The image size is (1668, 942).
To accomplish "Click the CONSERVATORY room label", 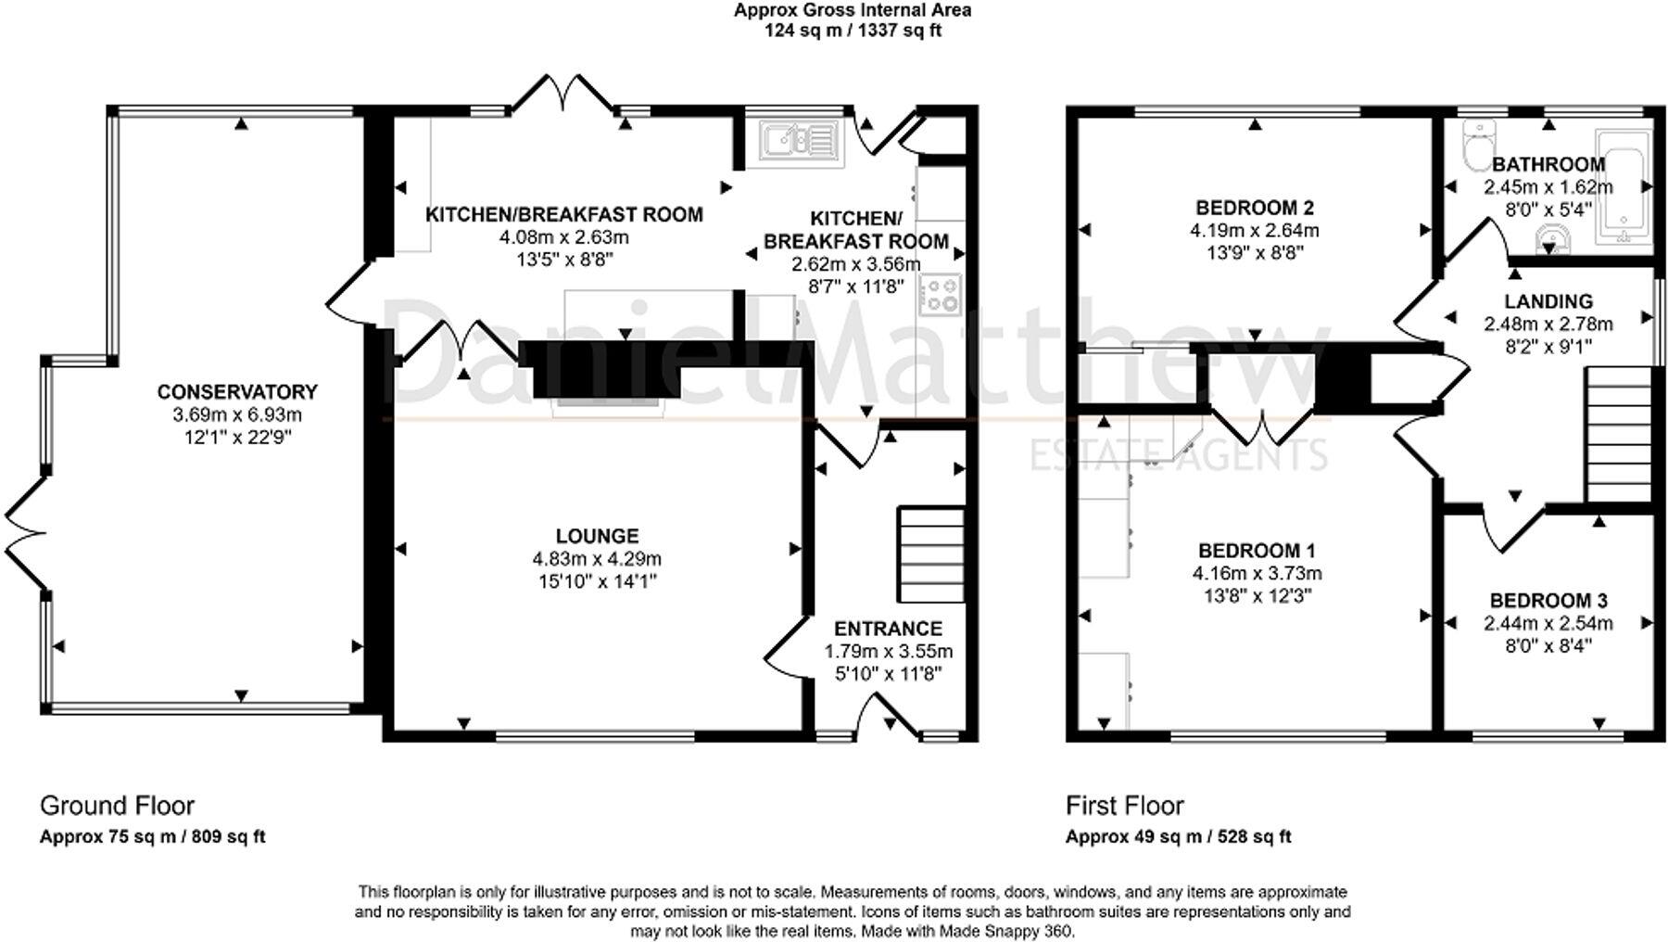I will tap(237, 392).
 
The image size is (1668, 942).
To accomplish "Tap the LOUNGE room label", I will tap(597, 536).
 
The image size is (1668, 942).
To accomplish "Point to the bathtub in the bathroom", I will tap(1624, 188).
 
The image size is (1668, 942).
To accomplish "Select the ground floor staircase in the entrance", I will tap(929, 554).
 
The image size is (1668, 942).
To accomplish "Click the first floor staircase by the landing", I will tap(1619, 434).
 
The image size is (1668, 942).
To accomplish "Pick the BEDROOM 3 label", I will tap(1548, 600).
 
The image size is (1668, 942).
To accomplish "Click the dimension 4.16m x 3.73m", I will tap(1257, 573).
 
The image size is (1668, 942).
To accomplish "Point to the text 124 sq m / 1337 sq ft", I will tap(853, 31).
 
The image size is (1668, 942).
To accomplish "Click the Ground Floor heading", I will tap(117, 805).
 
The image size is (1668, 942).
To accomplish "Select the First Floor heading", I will tap(1125, 805).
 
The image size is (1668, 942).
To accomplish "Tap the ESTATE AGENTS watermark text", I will tap(1180, 454).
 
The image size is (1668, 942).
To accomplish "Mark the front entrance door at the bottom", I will tap(886, 719).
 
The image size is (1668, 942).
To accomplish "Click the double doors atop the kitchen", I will tap(562, 92).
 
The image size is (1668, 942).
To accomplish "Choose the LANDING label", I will tap(1548, 301).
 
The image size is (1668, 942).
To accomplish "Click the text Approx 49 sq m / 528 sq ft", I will tap(1178, 836).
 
